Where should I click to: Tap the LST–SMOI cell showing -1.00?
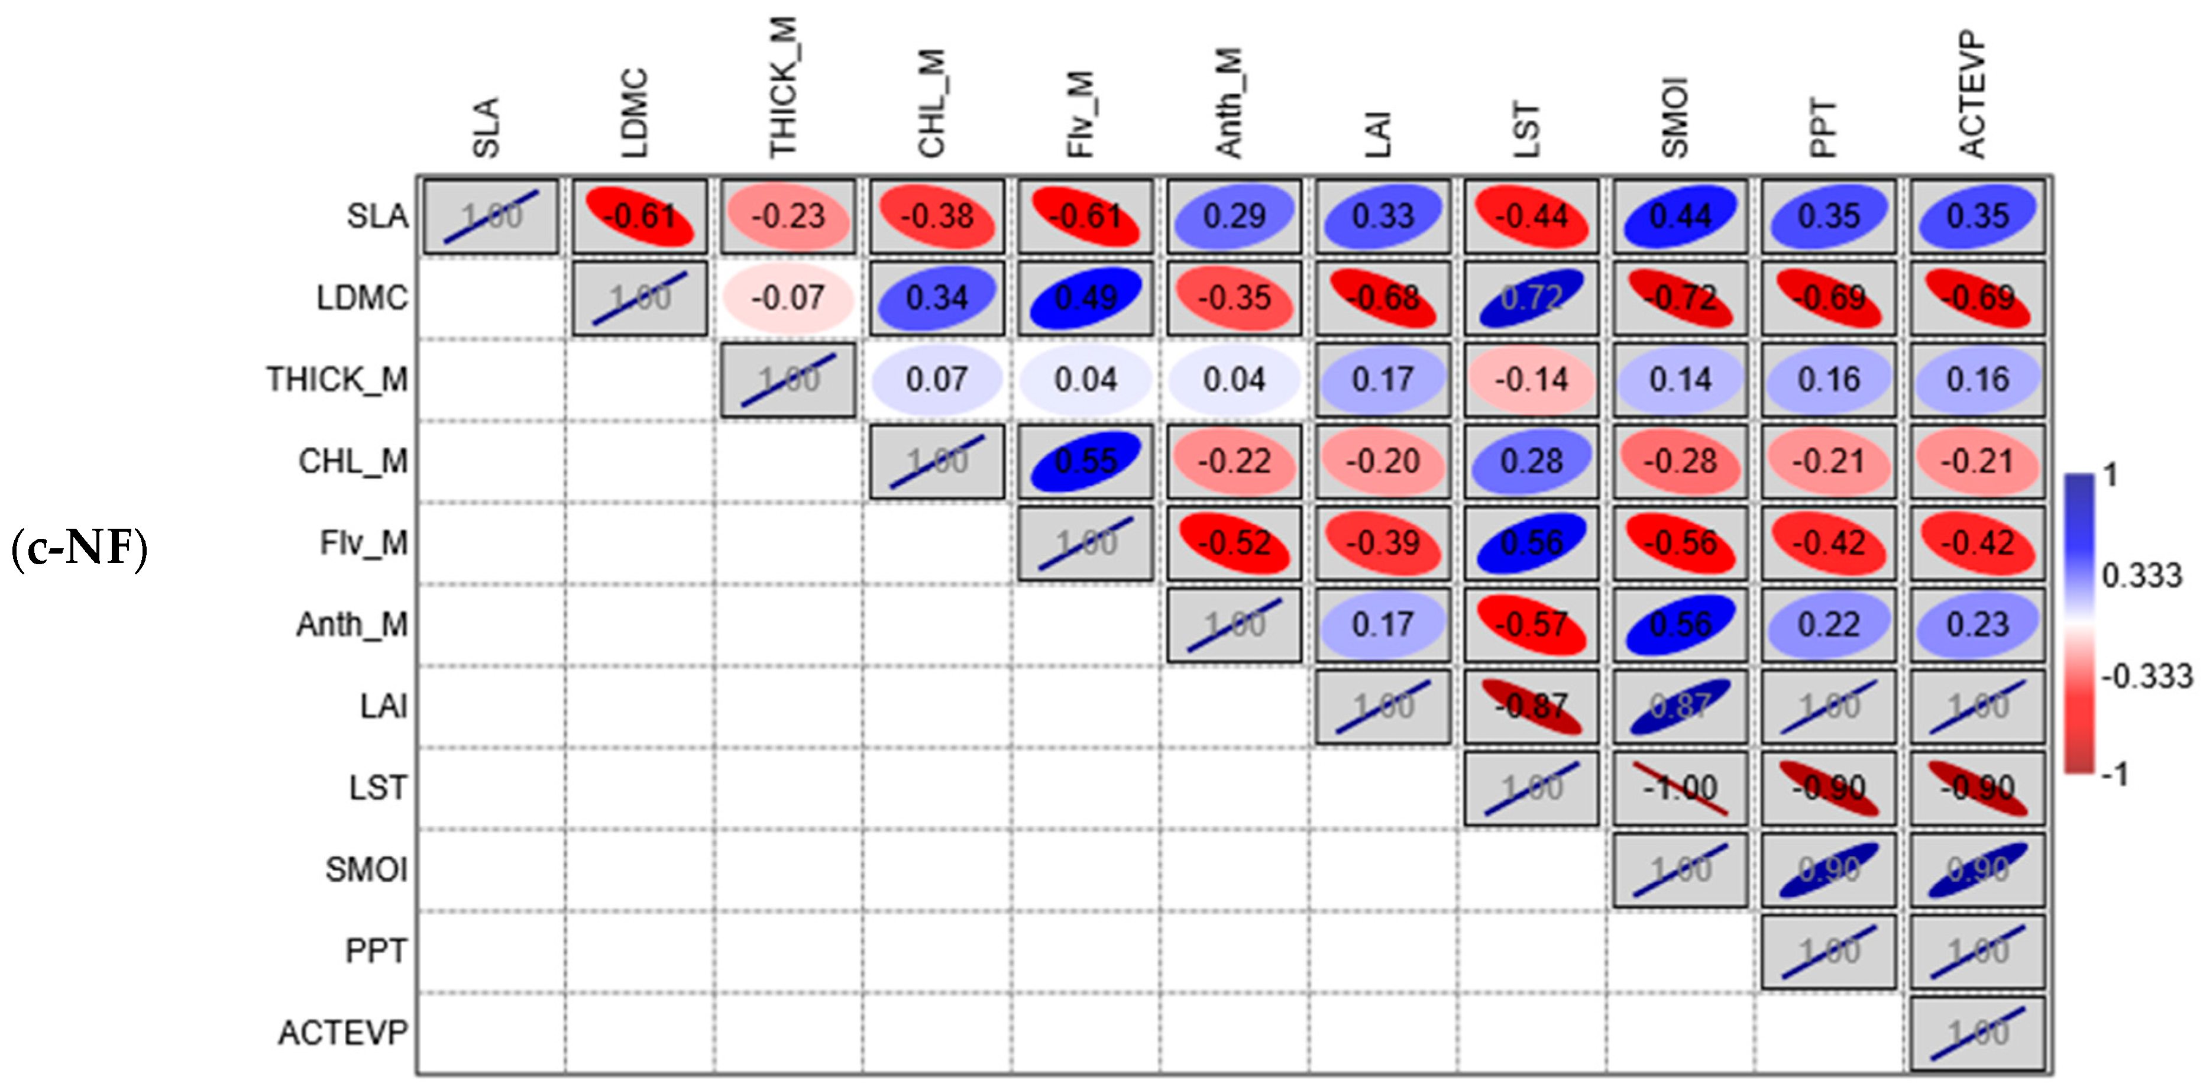click(1680, 787)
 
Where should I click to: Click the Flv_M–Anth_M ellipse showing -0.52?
click(1234, 543)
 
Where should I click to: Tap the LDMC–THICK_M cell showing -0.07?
click(788, 297)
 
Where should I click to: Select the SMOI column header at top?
click(1675, 118)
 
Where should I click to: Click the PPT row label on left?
click(376, 950)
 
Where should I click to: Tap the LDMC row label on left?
click(362, 297)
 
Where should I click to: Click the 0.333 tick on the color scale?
click(2141, 576)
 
